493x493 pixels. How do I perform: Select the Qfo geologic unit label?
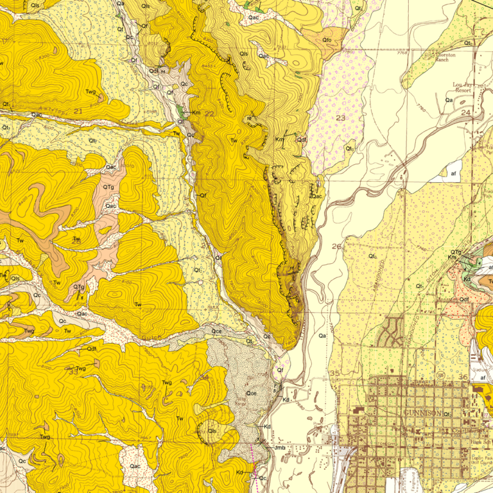[x=327, y=40]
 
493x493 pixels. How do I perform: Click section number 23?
[x=340, y=117]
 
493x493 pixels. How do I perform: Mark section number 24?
[x=483, y=113]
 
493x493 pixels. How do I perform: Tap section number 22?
[x=209, y=114]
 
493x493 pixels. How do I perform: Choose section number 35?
[x=334, y=373]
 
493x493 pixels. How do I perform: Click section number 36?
[x=463, y=376]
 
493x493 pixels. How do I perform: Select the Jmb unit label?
[x=279, y=447]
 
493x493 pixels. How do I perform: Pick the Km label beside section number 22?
[x=196, y=113]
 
